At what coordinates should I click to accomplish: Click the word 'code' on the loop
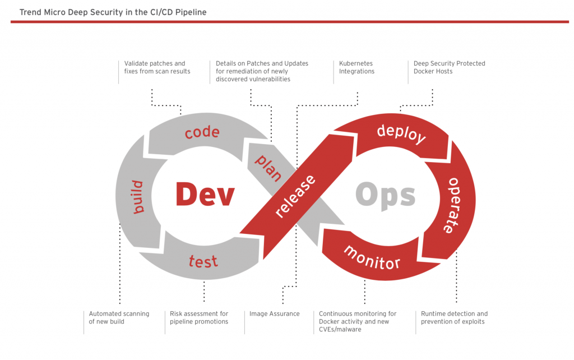point(202,133)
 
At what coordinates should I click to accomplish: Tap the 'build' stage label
point(137,197)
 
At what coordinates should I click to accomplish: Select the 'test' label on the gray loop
point(203,260)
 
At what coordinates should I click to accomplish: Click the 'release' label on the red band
point(296,196)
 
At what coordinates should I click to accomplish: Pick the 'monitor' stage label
point(372,257)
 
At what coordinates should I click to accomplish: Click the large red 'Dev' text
point(204,195)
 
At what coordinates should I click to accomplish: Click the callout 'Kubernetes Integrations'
point(357,67)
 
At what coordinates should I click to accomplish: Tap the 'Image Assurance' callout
point(274,314)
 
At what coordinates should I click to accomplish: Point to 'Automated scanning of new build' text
point(119,317)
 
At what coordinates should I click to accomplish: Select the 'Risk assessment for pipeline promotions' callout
point(199,317)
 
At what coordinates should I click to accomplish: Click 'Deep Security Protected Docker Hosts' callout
point(449,67)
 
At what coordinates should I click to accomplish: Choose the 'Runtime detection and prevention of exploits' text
point(454,317)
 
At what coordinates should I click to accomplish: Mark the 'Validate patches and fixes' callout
point(157,67)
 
